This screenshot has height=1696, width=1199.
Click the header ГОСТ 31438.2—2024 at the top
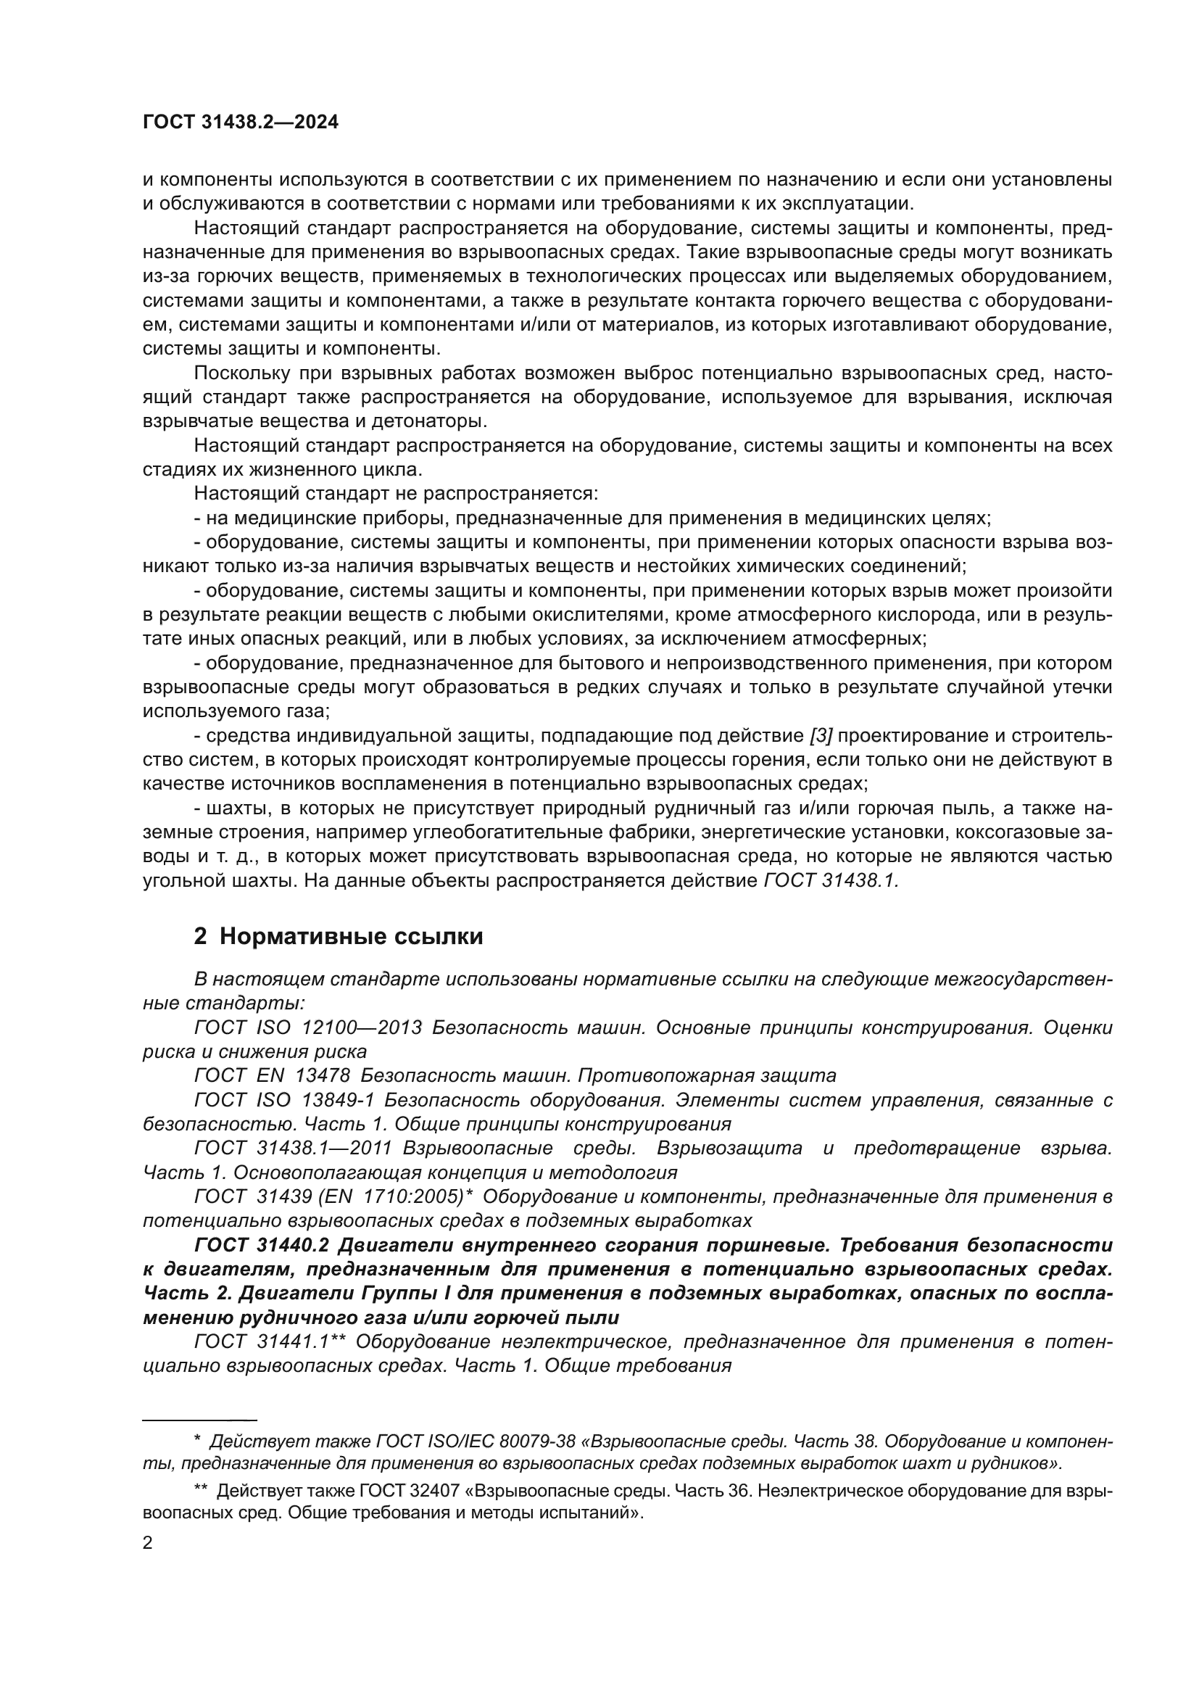(241, 123)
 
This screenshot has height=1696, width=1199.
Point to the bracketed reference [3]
(821, 736)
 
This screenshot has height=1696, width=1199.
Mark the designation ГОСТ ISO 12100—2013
(308, 1027)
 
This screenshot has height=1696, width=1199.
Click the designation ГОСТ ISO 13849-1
(284, 1100)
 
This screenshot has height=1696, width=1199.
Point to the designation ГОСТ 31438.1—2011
(292, 1148)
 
